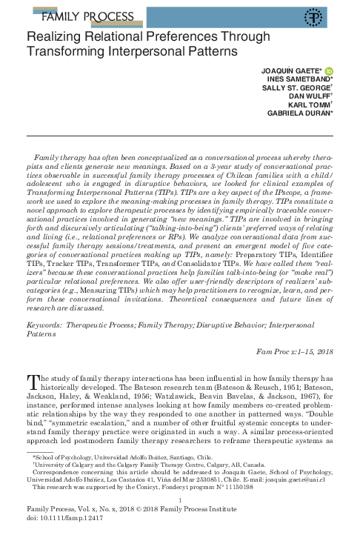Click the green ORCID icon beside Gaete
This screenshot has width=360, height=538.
[x=329, y=70]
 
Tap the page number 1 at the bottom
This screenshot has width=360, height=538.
[x=180, y=502]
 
